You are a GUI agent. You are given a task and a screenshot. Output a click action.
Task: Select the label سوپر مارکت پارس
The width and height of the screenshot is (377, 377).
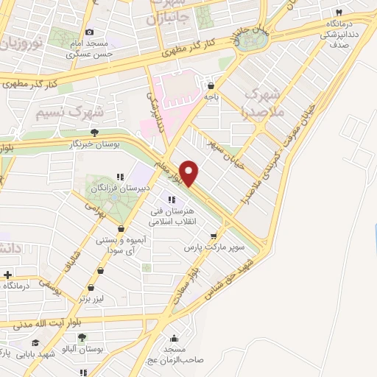click(x=214, y=248)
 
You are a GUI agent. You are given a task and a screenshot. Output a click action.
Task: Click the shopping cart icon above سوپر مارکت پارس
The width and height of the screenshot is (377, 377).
click(x=214, y=237)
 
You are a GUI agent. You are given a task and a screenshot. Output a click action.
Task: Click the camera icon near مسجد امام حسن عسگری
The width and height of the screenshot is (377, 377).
click(x=90, y=32)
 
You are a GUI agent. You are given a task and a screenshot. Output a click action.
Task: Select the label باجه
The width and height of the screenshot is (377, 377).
click(x=211, y=96)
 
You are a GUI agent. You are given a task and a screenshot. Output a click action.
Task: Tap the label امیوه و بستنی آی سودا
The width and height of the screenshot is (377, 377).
click(x=123, y=247)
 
